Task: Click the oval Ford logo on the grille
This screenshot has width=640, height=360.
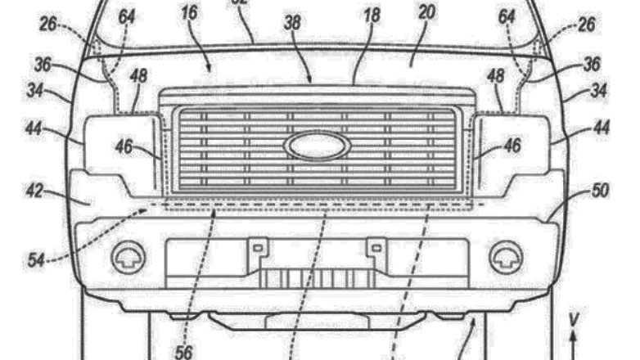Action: point(317,146)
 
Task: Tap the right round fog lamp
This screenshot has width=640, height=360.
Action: point(504,257)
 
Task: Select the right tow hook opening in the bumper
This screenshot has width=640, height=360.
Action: point(375,245)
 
